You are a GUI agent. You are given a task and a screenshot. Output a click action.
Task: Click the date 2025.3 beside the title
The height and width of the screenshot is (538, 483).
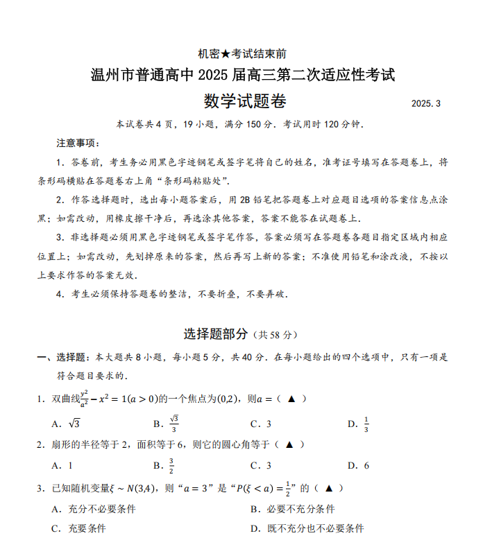425,104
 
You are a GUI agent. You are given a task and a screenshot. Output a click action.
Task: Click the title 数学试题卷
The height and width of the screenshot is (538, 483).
245,101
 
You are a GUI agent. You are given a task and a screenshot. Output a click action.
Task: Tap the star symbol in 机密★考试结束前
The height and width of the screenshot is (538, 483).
226,53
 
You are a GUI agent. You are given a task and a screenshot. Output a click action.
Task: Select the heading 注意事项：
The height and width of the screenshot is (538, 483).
78,143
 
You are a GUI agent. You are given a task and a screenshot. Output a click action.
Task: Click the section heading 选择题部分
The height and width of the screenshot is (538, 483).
215,334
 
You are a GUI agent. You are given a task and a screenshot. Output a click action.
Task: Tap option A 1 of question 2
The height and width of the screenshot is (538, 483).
62,466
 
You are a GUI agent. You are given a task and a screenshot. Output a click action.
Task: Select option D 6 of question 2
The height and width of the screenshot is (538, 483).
359,466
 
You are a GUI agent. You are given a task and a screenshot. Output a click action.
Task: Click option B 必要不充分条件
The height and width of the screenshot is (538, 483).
292,509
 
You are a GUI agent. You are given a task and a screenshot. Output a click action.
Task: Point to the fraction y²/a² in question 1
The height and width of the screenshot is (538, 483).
85,399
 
